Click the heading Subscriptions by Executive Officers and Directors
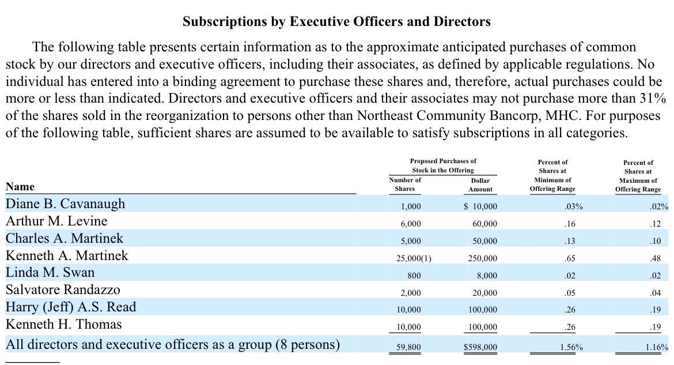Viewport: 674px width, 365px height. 336,22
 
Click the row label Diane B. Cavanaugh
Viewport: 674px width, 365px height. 65,204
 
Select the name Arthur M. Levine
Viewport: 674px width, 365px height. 56,221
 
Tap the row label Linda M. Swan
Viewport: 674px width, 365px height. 50,272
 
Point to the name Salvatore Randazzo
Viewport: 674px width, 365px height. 63,289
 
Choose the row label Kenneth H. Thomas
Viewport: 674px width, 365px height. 63,324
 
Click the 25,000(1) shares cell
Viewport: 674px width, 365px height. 410,258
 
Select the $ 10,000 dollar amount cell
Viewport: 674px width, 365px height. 480,206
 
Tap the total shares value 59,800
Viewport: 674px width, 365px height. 409,348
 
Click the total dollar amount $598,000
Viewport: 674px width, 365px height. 480,348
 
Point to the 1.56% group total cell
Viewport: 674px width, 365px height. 570,348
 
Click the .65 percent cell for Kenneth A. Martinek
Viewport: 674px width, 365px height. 570,258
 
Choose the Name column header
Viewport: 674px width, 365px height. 20,186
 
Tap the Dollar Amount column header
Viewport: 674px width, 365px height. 480,185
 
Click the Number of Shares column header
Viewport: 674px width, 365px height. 405,185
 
